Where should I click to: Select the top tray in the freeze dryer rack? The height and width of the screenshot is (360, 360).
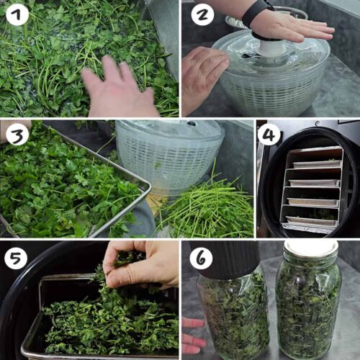(x=318, y=152)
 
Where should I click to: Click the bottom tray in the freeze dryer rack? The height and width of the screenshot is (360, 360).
(x=312, y=222)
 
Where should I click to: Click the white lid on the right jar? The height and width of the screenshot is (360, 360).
(x=310, y=248)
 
